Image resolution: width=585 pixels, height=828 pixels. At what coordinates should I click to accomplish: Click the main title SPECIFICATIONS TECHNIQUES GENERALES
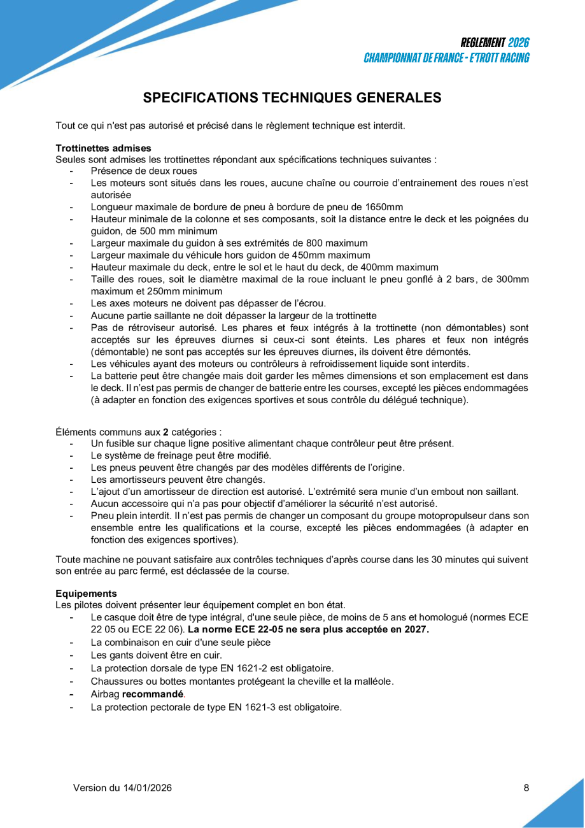click(292, 97)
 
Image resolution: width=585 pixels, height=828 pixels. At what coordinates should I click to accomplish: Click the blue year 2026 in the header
click(519, 43)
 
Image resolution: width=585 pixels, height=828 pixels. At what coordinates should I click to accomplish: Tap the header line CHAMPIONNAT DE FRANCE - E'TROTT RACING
click(446, 58)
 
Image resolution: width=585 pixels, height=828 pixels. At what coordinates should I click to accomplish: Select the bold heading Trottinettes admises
click(103, 148)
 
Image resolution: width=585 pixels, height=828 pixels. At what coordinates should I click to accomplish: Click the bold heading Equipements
click(86, 593)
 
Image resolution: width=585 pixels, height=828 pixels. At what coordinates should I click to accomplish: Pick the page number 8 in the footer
click(526, 788)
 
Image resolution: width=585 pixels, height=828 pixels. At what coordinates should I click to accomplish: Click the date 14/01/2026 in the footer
click(147, 788)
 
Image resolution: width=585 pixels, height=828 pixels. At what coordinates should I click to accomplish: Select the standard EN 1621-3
click(251, 706)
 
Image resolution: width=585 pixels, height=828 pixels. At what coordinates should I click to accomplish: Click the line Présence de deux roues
click(144, 171)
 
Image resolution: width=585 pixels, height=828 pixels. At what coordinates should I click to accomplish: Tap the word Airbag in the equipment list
click(105, 694)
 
